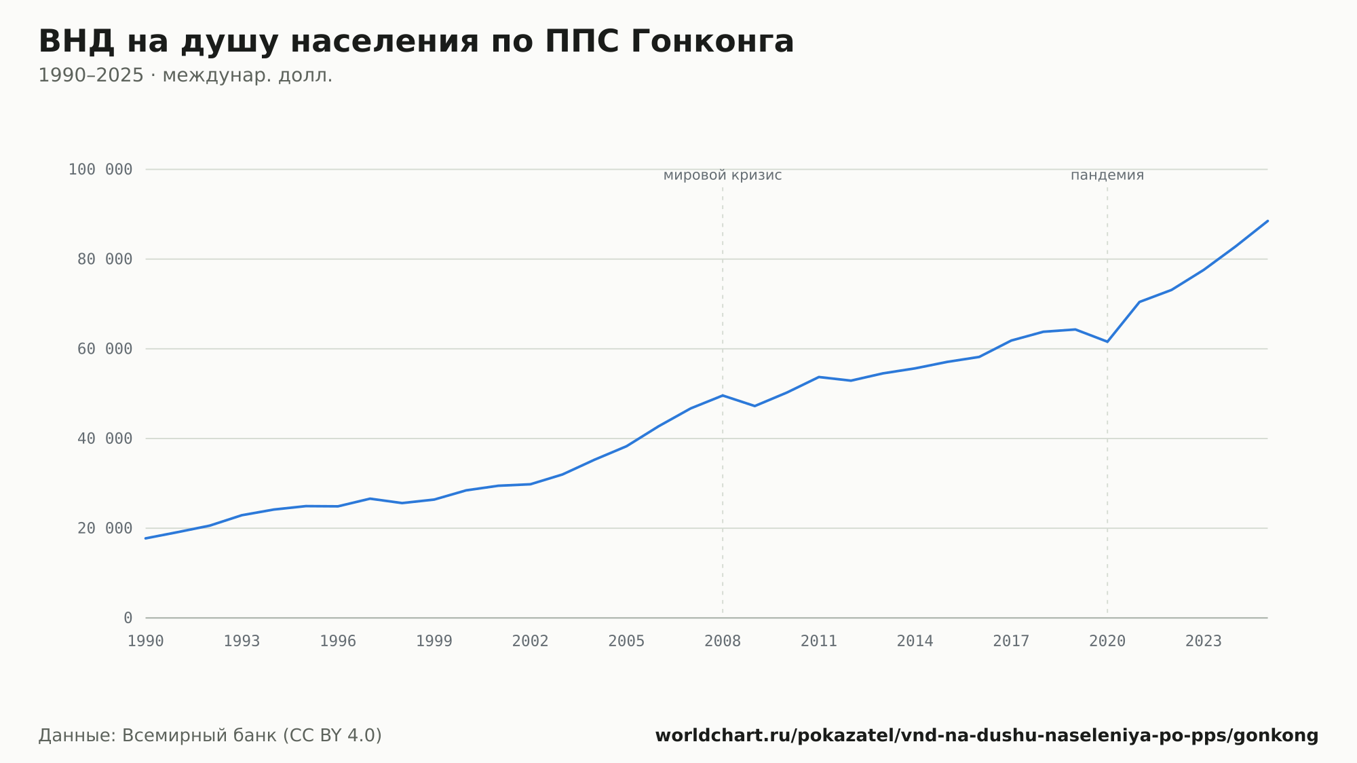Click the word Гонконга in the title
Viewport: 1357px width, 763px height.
(x=712, y=41)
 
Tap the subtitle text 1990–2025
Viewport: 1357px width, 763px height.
(x=91, y=75)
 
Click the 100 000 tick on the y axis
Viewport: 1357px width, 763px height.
(x=100, y=170)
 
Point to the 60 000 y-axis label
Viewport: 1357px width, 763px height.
(x=105, y=349)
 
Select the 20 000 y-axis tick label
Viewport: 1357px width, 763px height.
(x=105, y=528)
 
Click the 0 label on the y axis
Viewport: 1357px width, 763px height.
(x=128, y=618)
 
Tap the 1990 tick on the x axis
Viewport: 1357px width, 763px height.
(x=146, y=641)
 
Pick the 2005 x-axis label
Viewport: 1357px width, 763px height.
(x=626, y=641)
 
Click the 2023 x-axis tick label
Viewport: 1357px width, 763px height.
(x=1204, y=641)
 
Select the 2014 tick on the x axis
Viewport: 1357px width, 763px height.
(x=915, y=641)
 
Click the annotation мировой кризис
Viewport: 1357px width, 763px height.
(x=723, y=176)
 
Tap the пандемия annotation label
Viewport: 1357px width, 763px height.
(x=1107, y=176)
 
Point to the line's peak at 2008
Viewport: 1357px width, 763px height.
(x=723, y=395)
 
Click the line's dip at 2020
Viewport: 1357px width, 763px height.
(x=1107, y=341)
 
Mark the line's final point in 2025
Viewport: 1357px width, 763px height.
(x=1267, y=221)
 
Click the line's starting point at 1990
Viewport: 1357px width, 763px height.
(x=146, y=538)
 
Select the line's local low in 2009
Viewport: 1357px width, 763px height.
(x=755, y=406)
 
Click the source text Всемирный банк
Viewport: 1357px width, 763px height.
(x=199, y=736)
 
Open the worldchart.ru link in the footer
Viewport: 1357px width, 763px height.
(x=987, y=736)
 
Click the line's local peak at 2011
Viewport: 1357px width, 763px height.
(x=819, y=377)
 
